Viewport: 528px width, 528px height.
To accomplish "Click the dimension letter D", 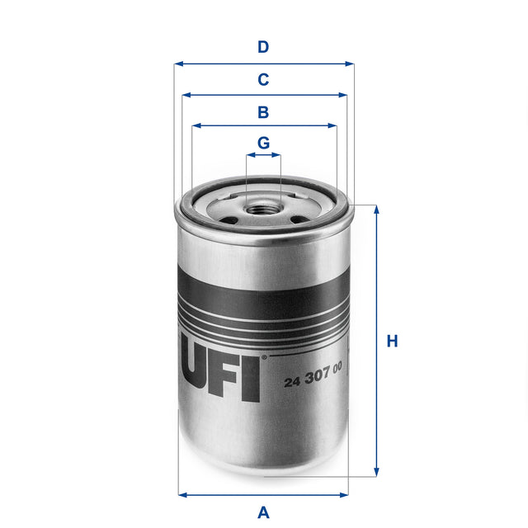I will coord(263,47).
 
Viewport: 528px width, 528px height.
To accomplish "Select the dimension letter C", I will coord(263,80).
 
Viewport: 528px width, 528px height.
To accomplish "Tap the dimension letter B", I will coord(263,112).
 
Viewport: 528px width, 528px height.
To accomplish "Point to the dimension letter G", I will coord(263,143).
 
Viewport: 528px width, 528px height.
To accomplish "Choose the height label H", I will coord(393,341).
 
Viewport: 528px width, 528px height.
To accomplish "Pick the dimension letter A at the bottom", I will coord(263,512).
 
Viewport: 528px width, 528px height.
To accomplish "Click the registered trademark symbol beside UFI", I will coord(264,358).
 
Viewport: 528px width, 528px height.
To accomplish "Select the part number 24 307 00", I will coord(313,381).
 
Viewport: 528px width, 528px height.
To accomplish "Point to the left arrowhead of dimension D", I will coord(178,63).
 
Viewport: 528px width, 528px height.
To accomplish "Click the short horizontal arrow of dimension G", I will coord(263,154).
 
